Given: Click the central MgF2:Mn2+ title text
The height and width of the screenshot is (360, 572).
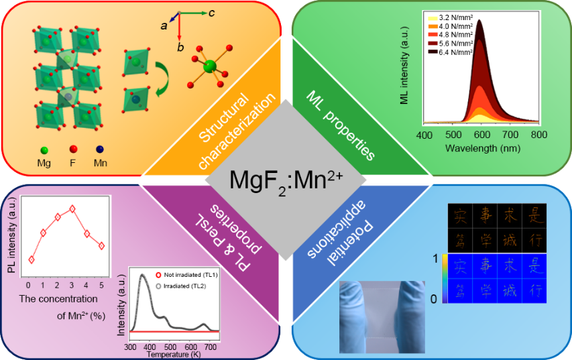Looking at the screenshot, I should pos(287,180).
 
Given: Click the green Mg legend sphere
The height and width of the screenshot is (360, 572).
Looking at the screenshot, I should pos(44,149).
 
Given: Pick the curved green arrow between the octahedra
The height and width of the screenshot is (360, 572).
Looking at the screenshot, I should pos(160,78).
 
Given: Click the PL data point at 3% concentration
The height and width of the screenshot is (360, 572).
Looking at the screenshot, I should pos(72,209).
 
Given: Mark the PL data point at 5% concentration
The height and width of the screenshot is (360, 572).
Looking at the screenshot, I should pos(101,245).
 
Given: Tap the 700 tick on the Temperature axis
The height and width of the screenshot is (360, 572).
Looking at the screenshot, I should pos(210,347).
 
